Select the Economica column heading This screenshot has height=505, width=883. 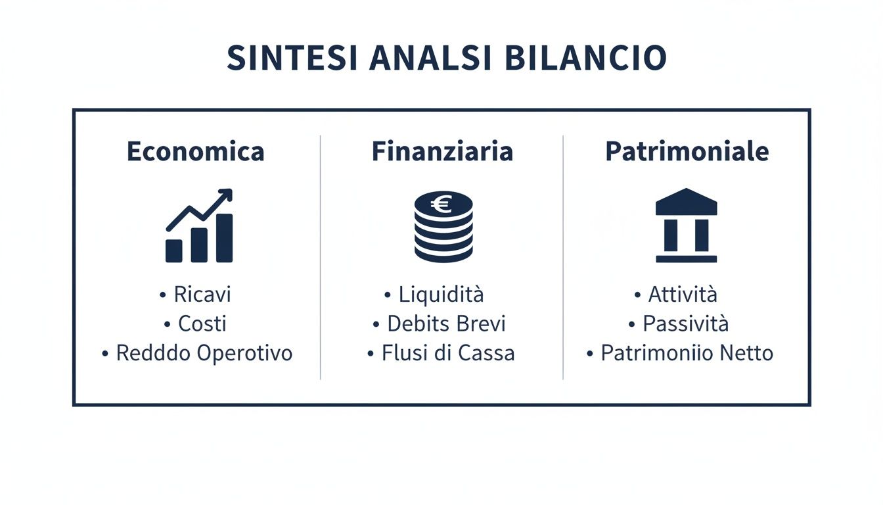pyautogui.click(x=195, y=152)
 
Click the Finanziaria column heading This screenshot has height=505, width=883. pyautogui.click(x=442, y=152)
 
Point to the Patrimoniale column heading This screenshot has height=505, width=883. pyautogui.click(x=687, y=152)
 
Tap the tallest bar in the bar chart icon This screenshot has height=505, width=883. pyautogui.click(x=224, y=238)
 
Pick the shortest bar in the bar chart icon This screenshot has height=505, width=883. pyautogui.click(x=174, y=251)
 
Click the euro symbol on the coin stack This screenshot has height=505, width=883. pyautogui.click(x=442, y=205)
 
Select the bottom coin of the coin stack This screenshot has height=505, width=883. pyautogui.click(x=443, y=252)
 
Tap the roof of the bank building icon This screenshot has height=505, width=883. pyautogui.click(x=687, y=203)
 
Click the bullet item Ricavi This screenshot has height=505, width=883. pyautogui.click(x=202, y=295)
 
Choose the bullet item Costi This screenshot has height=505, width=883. pyautogui.click(x=202, y=324)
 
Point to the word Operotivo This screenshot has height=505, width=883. pyautogui.click(x=244, y=353)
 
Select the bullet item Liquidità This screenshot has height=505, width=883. pyautogui.click(x=441, y=295)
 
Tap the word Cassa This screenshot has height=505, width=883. pyautogui.click(x=486, y=353)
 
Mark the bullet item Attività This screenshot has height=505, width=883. pyautogui.click(x=683, y=295)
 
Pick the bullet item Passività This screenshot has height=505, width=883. pyautogui.click(x=686, y=324)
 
